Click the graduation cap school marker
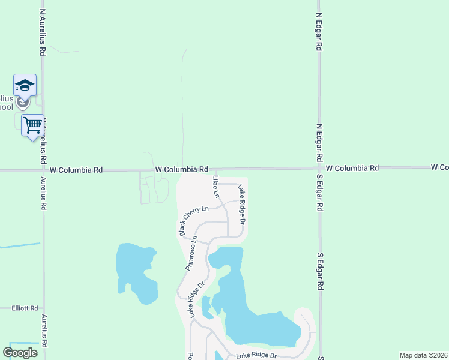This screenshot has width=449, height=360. pyautogui.click(x=25, y=85)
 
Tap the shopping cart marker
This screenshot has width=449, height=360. pyautogui.click(x=32, y=126)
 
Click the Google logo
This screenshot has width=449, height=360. pyautogui.click(x=20, y=353)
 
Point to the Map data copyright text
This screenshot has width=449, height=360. pyautogui.click(x=423, y=355)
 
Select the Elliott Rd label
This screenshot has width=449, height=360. pyautogui.click(x=25, y=308)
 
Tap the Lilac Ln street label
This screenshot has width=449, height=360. pyautogui.click(x=216, y=187)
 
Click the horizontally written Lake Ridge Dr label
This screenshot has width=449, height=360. pyautogui.click(x=256, y=356)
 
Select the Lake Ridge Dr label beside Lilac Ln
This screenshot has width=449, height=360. pyautogui.click(x=242, y=203)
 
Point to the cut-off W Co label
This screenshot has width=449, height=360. pyautogui.click(x=439, y=167)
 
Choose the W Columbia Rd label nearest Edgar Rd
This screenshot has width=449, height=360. pyautogui.click(x=352, y=168)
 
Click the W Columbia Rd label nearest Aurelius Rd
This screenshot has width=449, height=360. pyautogui.click(x=76, y=170)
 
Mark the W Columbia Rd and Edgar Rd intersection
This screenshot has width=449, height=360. pyautogui.click(x=319, y=169)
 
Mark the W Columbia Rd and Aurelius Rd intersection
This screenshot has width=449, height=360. pyautogui.click(x=43, y=170)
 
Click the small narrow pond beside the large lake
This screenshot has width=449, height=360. pyautogui.click(x=206, y=307)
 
